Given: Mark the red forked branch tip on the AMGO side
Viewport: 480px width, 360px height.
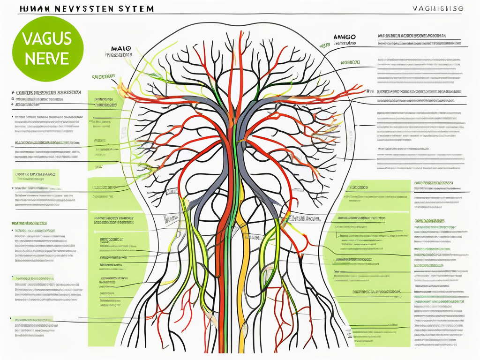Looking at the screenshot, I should tap(359, 89).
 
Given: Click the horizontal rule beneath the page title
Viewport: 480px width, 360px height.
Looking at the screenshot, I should tap(234, 14).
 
